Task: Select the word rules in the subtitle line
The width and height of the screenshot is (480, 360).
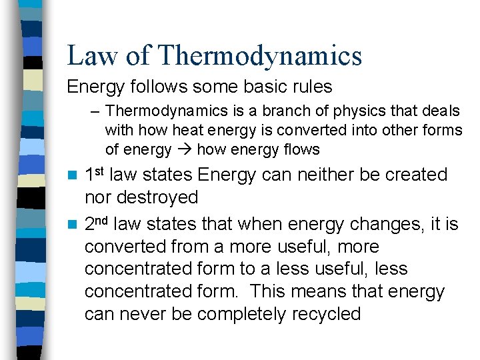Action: pos(309,87)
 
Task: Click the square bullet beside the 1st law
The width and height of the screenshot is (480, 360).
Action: pos(75,175)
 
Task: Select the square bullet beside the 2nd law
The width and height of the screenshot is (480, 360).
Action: pos(75,225)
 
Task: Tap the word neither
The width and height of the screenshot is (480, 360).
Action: pos(323,175)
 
